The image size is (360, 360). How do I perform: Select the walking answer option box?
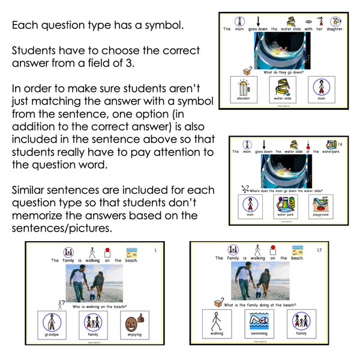pyautogui.click(x=217, y=324)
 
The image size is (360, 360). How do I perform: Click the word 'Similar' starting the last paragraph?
pyautogui.click(x=31, y=190)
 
